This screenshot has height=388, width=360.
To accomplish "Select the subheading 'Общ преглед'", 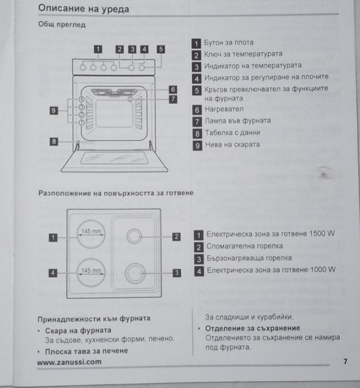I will (62, 26).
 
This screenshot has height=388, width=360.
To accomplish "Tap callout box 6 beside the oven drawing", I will (173, 89).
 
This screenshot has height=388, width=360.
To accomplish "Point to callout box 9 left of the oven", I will (54, 110).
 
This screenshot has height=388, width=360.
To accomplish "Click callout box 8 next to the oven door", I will (54, 142).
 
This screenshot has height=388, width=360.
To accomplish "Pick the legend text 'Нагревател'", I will (224, 109).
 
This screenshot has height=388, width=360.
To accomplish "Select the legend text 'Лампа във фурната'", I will (238, 120).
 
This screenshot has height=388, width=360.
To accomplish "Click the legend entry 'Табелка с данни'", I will (232, 133).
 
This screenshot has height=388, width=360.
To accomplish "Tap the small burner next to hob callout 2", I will (134, 236).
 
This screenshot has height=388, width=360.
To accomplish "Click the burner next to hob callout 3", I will (134, 273).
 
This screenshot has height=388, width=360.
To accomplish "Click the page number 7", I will (345, 362).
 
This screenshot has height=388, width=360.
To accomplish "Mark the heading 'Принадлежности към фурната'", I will (93, 319).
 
